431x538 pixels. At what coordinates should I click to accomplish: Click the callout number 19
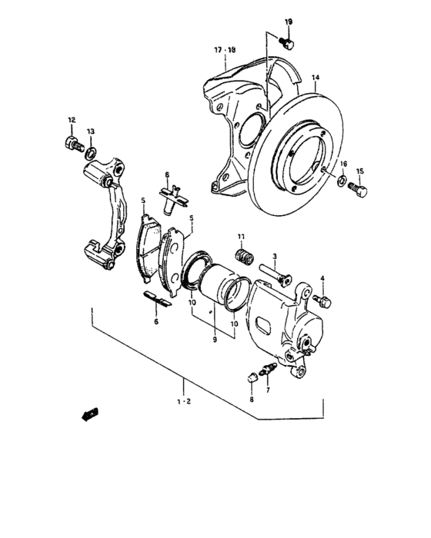[x=288, y=22]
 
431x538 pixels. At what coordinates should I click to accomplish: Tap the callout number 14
[x=314, y=78]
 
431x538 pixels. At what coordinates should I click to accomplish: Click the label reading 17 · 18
[x=225, y=51]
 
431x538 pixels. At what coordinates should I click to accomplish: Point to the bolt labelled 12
[x=75, y=144]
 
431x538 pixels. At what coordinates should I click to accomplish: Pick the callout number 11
[x=240, y=236]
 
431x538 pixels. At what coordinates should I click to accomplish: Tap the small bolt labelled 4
[x=322, y=297]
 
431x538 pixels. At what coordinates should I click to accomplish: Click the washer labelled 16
[x=341, y=181]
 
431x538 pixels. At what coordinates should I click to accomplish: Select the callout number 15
[x=359, y=171]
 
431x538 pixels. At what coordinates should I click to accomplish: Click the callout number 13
[x=90, y=131]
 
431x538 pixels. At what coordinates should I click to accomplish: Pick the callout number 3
[x=273, y=257]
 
